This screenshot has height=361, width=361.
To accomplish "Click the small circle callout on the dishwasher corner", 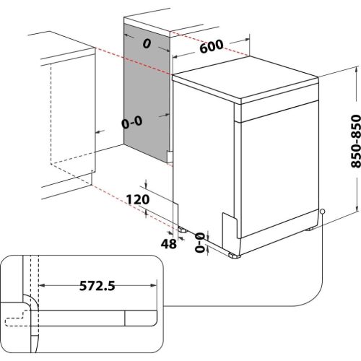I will click(x=322, y=212).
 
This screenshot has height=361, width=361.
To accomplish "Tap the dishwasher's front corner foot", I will click(x=232, y=253).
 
